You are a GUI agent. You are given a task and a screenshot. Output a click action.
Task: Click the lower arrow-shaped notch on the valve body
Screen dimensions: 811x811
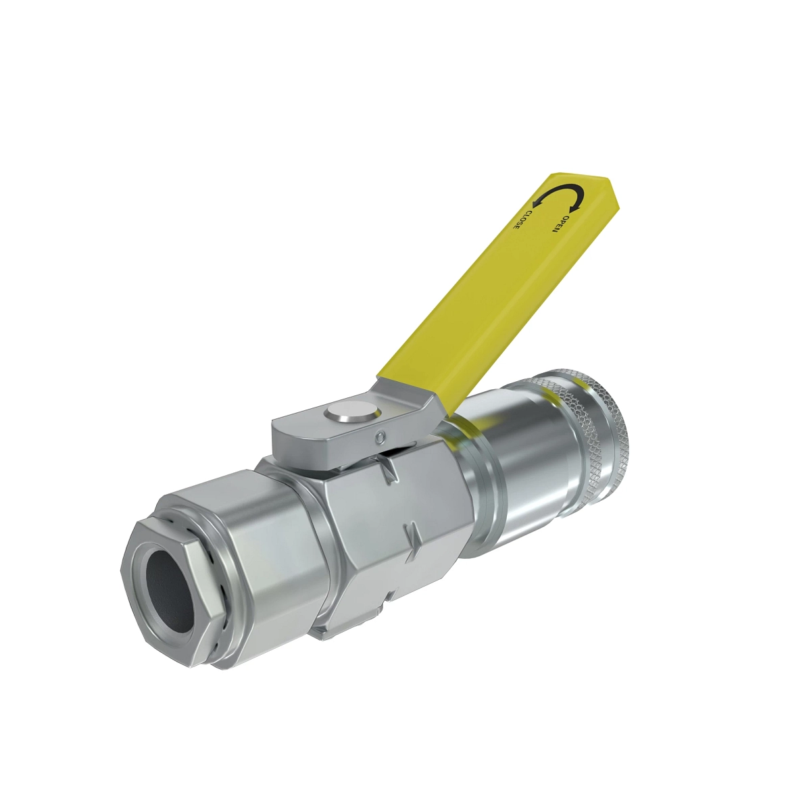pyautogui.click(x=413, y=538)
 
